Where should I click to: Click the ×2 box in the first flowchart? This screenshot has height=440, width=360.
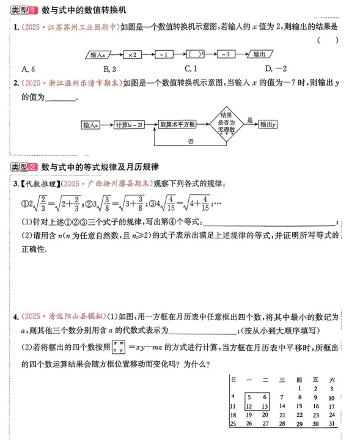click(131, 55)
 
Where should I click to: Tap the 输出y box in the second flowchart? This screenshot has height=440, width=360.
click(268, 124)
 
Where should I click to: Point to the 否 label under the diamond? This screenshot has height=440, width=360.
click(191, 141)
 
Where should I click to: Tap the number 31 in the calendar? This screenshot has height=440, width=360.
click(331, 423)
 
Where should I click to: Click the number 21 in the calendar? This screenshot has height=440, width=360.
click(281, 414)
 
